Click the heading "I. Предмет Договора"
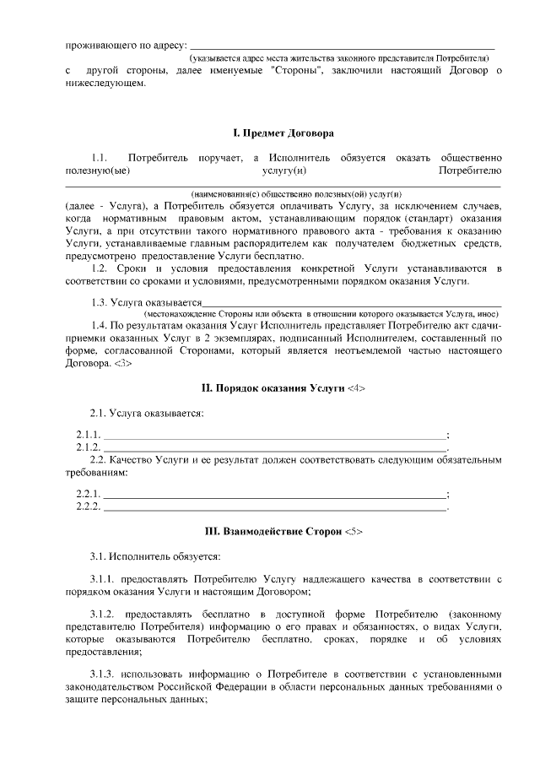coord(283,133)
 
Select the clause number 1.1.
coord(100,158)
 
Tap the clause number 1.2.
coord(100,269)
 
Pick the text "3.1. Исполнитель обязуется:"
coord(155,556)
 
